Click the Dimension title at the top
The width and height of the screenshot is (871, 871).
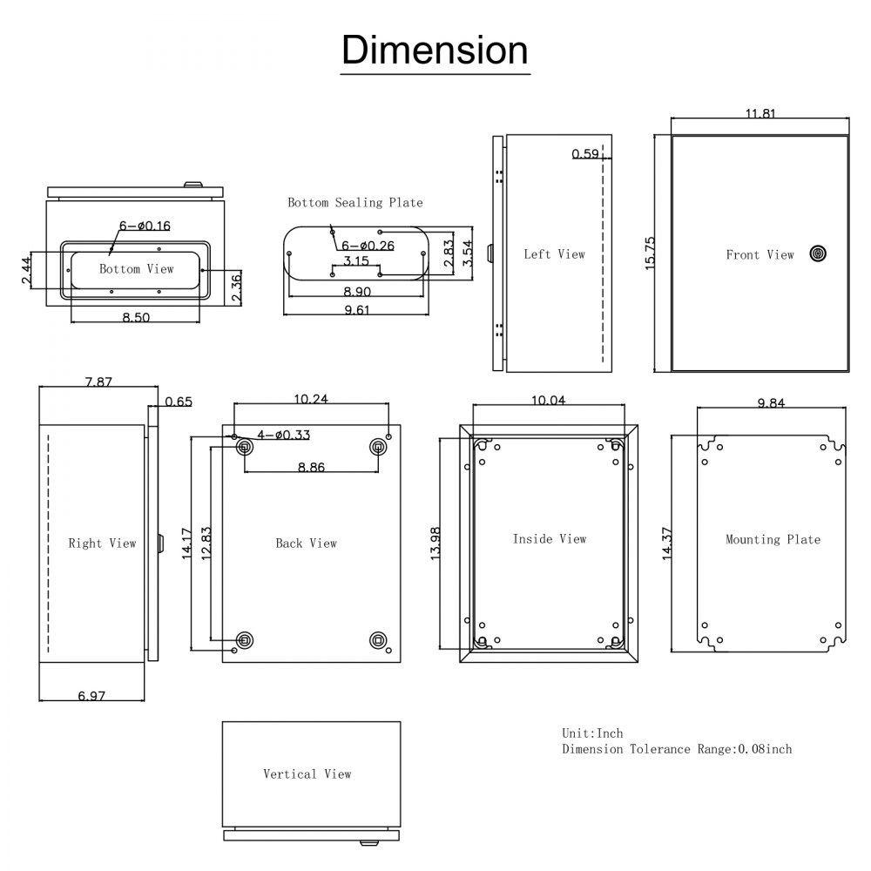pos(434,50)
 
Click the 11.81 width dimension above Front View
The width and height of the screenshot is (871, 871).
pos(760,112)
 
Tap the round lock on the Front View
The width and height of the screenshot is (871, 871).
pos(817,253)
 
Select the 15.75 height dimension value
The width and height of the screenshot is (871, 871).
pos(650,253)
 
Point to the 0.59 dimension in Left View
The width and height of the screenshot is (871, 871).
pos(584,154)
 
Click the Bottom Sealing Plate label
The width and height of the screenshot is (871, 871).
pos(355,202)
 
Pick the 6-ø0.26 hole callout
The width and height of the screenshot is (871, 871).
pos(368,246)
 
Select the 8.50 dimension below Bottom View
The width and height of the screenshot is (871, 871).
pos(136,318)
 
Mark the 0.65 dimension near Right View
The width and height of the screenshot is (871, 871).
pos(178,402)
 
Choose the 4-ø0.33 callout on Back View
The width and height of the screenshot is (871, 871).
pos(282,435)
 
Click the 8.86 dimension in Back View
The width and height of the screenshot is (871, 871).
pos(311,467)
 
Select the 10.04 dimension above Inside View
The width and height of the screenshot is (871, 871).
pos(547,400)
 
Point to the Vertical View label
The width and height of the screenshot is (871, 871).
pos(307,773)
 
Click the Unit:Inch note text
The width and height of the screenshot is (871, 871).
pos(592,733)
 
